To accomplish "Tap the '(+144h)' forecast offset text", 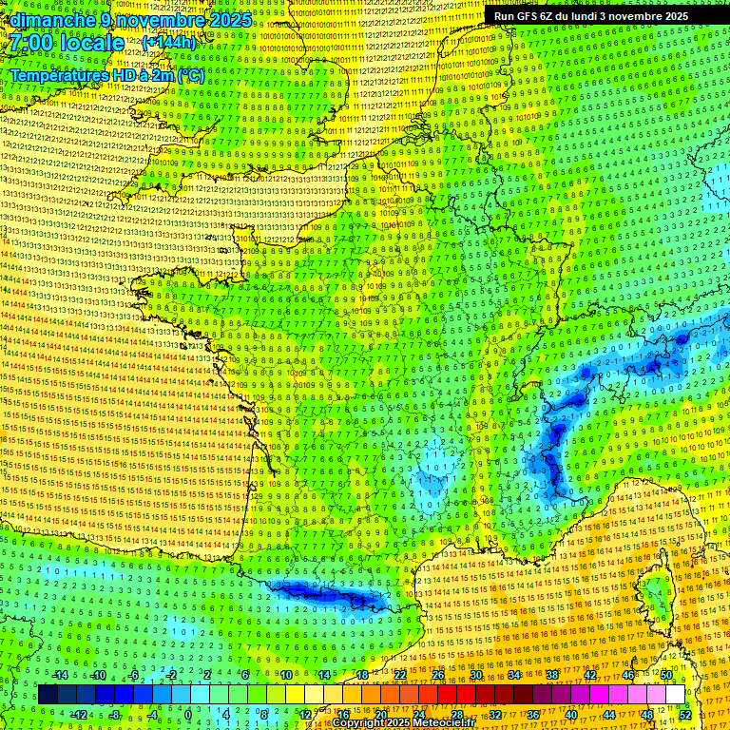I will [x=170, y=43].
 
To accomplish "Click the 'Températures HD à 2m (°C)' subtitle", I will [x=106, y=75].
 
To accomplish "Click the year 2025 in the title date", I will [x=228, y=20].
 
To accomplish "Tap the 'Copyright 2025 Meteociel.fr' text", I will [x=403, y=722].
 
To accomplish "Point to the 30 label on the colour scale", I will [x=476, y=675].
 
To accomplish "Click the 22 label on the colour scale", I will [x=400, y=675].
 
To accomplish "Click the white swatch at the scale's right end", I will [x=675, y=694].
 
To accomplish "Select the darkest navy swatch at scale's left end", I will [x=48, y=694].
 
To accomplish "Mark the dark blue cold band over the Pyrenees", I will [x=323, y=595].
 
